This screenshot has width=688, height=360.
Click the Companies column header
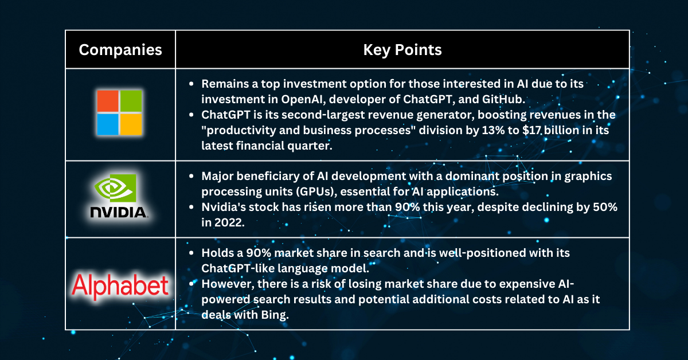pos(120,50)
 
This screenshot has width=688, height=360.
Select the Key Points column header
pos(402,50)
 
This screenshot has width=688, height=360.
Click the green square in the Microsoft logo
pos(131,101)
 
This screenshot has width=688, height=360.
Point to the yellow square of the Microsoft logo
pos(131,124)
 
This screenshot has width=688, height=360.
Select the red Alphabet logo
pos(120,285)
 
